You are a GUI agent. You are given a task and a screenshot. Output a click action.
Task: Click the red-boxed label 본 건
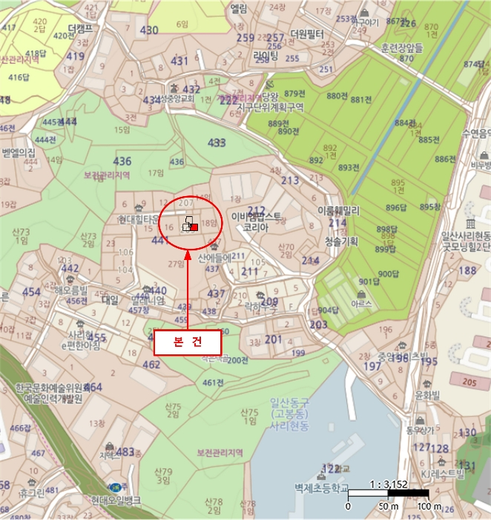click(187, 342)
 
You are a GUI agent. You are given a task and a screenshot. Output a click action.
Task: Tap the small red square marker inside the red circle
click(194, 228)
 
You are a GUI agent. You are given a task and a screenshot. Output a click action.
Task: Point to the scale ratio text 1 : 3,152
click(388, 484)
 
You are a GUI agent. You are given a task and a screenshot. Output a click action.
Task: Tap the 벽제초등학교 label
click(320, 488)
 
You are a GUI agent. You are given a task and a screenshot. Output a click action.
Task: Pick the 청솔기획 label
click(341, 241)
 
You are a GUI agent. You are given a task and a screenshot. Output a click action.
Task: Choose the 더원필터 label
click(309, 34)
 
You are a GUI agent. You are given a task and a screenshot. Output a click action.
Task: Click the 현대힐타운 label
click(140, 220)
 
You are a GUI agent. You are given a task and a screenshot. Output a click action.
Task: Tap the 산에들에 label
click(215, 257)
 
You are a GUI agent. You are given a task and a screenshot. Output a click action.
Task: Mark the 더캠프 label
click(80, 30)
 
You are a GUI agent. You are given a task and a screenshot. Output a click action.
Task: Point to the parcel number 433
click(217, 142)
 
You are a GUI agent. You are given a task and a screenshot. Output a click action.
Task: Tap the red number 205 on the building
click(469, 381)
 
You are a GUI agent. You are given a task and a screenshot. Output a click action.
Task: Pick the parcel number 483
click(125, 452)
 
